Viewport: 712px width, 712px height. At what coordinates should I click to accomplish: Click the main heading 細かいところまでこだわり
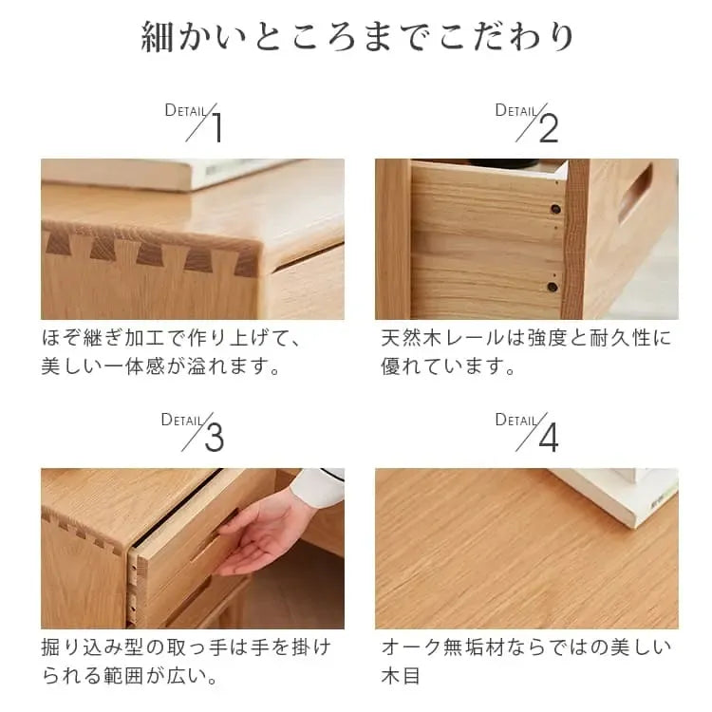point(357,37)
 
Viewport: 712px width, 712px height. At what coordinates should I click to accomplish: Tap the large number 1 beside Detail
point(218,128)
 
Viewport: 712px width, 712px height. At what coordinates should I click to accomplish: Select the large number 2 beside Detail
point(549,128)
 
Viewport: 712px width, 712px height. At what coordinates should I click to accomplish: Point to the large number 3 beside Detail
point(215,438)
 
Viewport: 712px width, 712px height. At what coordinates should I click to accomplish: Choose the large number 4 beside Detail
point(549,438)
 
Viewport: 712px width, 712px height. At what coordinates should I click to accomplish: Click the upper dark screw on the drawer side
point(555,210)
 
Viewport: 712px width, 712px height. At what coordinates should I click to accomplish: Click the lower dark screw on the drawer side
point(553,287)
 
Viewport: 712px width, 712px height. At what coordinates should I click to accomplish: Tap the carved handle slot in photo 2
point(636,193)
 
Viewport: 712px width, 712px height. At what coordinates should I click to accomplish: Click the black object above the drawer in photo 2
point(504,162)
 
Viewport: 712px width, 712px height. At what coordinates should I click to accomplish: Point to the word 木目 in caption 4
point(401,676)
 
